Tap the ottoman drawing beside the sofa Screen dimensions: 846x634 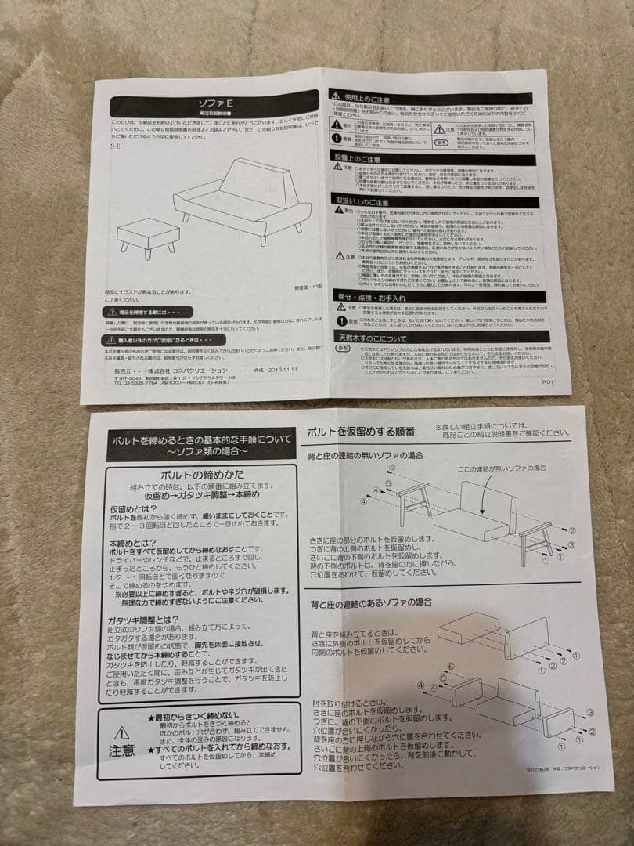tap(149, 234)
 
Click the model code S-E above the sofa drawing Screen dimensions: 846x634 tap(115, 146)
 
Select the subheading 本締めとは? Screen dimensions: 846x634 tap(133, 543)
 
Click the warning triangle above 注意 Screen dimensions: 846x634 tap(121, 733)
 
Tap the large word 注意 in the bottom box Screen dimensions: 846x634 tap(121, 750)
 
